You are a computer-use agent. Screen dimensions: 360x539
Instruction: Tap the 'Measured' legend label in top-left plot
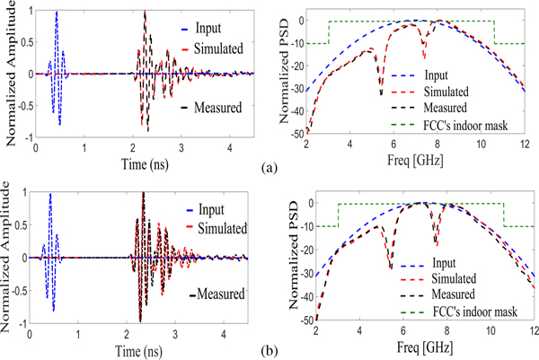point(224,108)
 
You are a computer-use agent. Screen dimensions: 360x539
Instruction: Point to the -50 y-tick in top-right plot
point(297,133)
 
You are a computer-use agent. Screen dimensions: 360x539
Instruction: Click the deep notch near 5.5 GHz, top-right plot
point(381,93)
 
